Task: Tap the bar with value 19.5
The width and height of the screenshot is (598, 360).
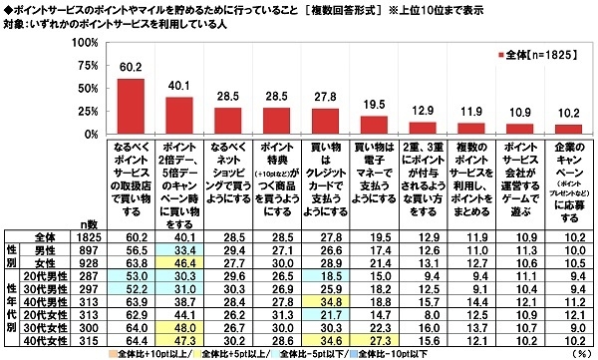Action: pos(374,126)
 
